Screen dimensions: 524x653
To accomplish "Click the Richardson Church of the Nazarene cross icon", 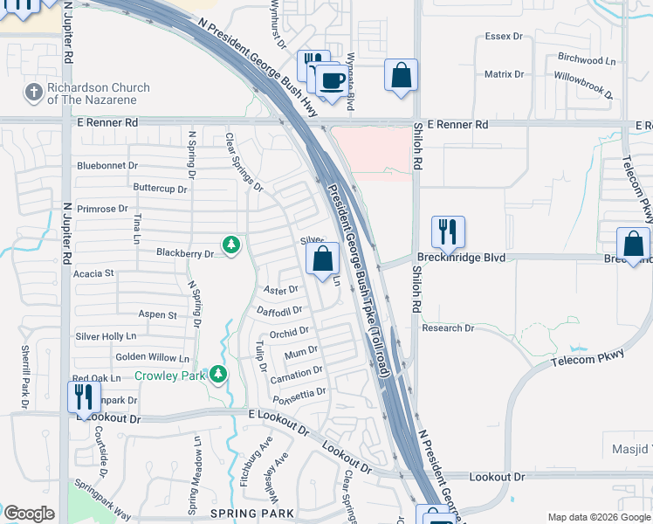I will coord(33,92).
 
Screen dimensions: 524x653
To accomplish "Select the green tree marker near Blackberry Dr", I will coord(230,245).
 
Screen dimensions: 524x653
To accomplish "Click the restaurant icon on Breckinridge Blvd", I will coord(447,232).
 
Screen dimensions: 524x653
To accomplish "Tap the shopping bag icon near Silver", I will coord(322,259).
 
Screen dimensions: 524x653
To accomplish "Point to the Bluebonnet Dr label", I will coord(107,165).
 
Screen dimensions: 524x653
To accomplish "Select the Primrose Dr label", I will coord(102,209).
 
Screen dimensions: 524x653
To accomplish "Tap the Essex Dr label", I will coord(504,38).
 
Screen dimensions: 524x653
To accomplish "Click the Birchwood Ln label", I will coord(586,60).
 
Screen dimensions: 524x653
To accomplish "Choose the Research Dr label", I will coord(447,328).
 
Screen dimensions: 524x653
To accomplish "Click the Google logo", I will coord(29,513).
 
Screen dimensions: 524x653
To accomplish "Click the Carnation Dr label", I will coord(297,374).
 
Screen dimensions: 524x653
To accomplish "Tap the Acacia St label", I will coord(94,273).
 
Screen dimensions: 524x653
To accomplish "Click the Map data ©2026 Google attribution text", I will coord(597,516).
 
